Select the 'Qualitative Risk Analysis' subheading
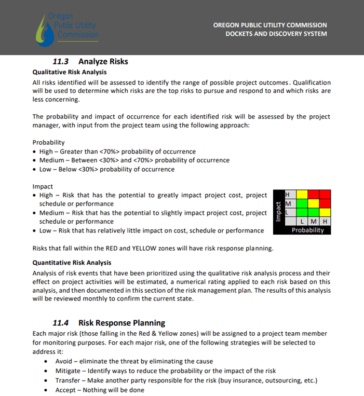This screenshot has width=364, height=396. click(70, 72)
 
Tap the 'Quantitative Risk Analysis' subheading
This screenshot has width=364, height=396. click(72, 263)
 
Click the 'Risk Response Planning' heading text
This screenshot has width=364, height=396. click(122, 323)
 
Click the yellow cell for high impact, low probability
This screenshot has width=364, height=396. click(301, 195)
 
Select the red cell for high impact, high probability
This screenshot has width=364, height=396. click(325, 195)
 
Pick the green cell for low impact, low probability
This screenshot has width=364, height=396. click(301, 212)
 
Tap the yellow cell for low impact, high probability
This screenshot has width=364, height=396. click(325, 212)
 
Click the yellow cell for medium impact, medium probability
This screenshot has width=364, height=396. click(313, 203)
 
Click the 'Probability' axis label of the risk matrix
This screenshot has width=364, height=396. click(307, 230)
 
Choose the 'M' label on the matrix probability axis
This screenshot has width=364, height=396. click(313, 221)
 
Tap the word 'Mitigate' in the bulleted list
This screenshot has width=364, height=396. click(69, 371)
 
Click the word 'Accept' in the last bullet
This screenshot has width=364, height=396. click(66, 390)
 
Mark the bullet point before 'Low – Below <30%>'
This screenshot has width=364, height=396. click(34, 170)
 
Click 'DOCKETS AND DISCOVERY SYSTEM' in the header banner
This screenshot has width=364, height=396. click(276, 34)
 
